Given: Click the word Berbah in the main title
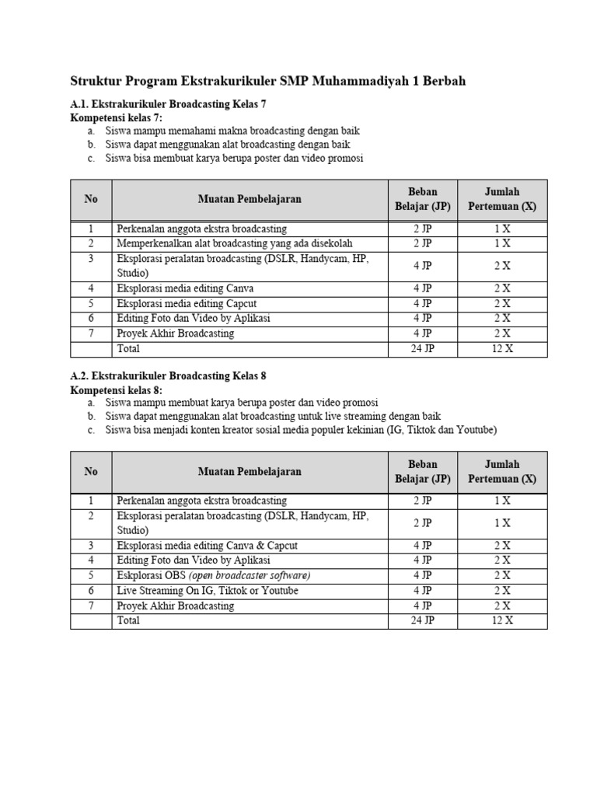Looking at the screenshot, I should pos(438,81).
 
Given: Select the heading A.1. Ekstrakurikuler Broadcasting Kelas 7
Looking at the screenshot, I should pos(169,104).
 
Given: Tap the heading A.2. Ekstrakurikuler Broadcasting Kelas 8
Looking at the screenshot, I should pos(169,375).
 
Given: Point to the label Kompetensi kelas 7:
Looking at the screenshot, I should pos(117,117).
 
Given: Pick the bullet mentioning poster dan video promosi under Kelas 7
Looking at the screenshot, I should pos(234,158).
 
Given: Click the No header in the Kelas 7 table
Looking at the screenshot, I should pos(91,199).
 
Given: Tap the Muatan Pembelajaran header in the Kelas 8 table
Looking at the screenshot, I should pos(250,471).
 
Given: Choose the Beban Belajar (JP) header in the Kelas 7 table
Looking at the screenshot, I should pos(423,199).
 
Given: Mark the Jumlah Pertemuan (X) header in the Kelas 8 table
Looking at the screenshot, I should pos(502,471).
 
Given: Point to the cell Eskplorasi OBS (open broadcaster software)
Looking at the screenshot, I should pos(214,575).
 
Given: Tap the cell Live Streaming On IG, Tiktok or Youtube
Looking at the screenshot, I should pos(208,591).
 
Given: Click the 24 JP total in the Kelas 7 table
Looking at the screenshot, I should pos(423,348).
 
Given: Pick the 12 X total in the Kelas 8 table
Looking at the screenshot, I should pos(502,620).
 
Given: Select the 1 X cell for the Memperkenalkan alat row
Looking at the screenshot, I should pos(502,243).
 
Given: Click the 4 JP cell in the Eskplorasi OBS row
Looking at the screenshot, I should pos(423,575).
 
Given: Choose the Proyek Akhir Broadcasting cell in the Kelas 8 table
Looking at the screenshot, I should pos(176,606).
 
